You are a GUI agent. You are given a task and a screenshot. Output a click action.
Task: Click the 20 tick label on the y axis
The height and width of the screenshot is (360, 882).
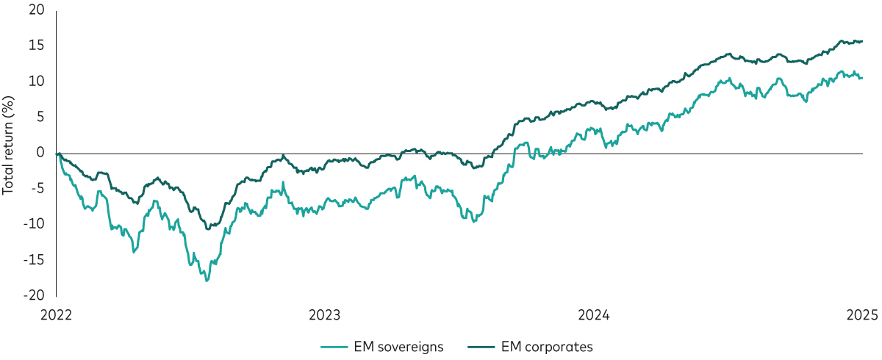[x=37, y=11]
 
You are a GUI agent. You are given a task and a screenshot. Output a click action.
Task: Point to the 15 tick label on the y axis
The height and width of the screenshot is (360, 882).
[x=37, y=46]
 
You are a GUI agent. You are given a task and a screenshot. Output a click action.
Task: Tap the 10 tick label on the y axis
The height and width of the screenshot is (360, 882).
[x=37, y=81]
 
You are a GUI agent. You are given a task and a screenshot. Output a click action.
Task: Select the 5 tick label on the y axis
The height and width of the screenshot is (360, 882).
[x=41, y=116]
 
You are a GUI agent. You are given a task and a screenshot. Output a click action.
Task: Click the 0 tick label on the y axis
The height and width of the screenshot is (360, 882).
[x=41, y=152]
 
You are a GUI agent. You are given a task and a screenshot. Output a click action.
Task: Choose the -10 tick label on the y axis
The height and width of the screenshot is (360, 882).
[x=35, y=223]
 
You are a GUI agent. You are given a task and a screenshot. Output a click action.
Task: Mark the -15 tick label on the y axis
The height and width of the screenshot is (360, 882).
[x=35, y=259]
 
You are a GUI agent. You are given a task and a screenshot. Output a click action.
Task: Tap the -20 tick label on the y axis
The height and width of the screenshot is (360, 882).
[x=35, y=295]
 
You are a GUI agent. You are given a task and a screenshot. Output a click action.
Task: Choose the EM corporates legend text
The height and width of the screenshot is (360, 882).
[x=547, y=345]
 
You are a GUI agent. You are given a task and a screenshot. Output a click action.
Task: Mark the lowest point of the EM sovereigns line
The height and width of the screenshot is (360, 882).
[x=207, y=281]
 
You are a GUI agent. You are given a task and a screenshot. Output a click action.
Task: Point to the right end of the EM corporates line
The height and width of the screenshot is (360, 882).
[x=862, y=41]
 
